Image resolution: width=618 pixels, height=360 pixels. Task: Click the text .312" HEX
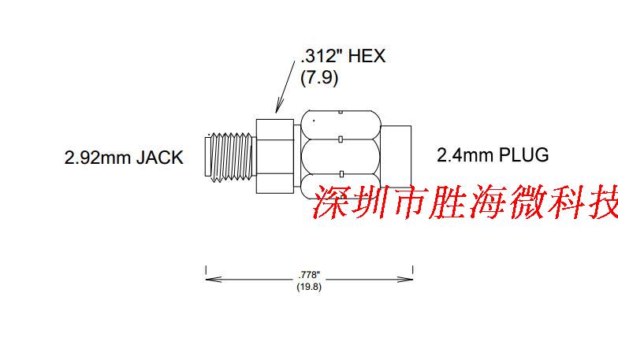click(343, 58)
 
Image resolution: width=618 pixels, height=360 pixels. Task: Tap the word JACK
click(159, 158)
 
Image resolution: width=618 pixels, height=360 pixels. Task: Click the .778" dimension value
click(310, 273)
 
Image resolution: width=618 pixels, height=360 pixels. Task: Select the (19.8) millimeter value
click(310, 286)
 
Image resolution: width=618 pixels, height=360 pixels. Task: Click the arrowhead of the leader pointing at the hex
click(277, 110)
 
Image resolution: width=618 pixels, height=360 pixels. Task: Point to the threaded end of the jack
click(230, 154)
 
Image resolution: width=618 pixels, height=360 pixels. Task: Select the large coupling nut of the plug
click(341, 152)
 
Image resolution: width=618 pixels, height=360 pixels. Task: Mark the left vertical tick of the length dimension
click(206, 272)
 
